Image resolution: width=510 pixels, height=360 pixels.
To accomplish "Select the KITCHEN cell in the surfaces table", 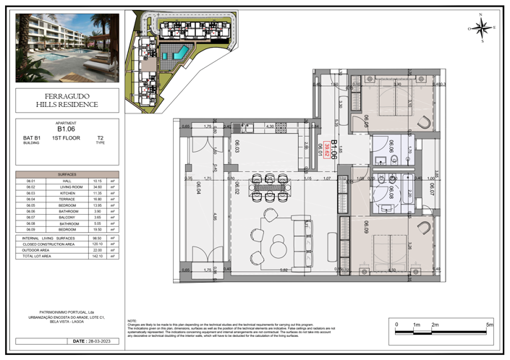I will [x=67, y=194].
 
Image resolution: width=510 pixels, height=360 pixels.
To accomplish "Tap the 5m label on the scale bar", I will [x=490, y=325].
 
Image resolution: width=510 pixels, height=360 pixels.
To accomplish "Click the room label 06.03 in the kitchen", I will [x=237, y=147].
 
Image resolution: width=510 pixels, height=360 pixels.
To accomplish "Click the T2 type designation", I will [x=100, y=137].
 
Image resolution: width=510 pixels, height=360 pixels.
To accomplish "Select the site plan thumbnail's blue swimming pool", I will [x=179, y=51].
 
